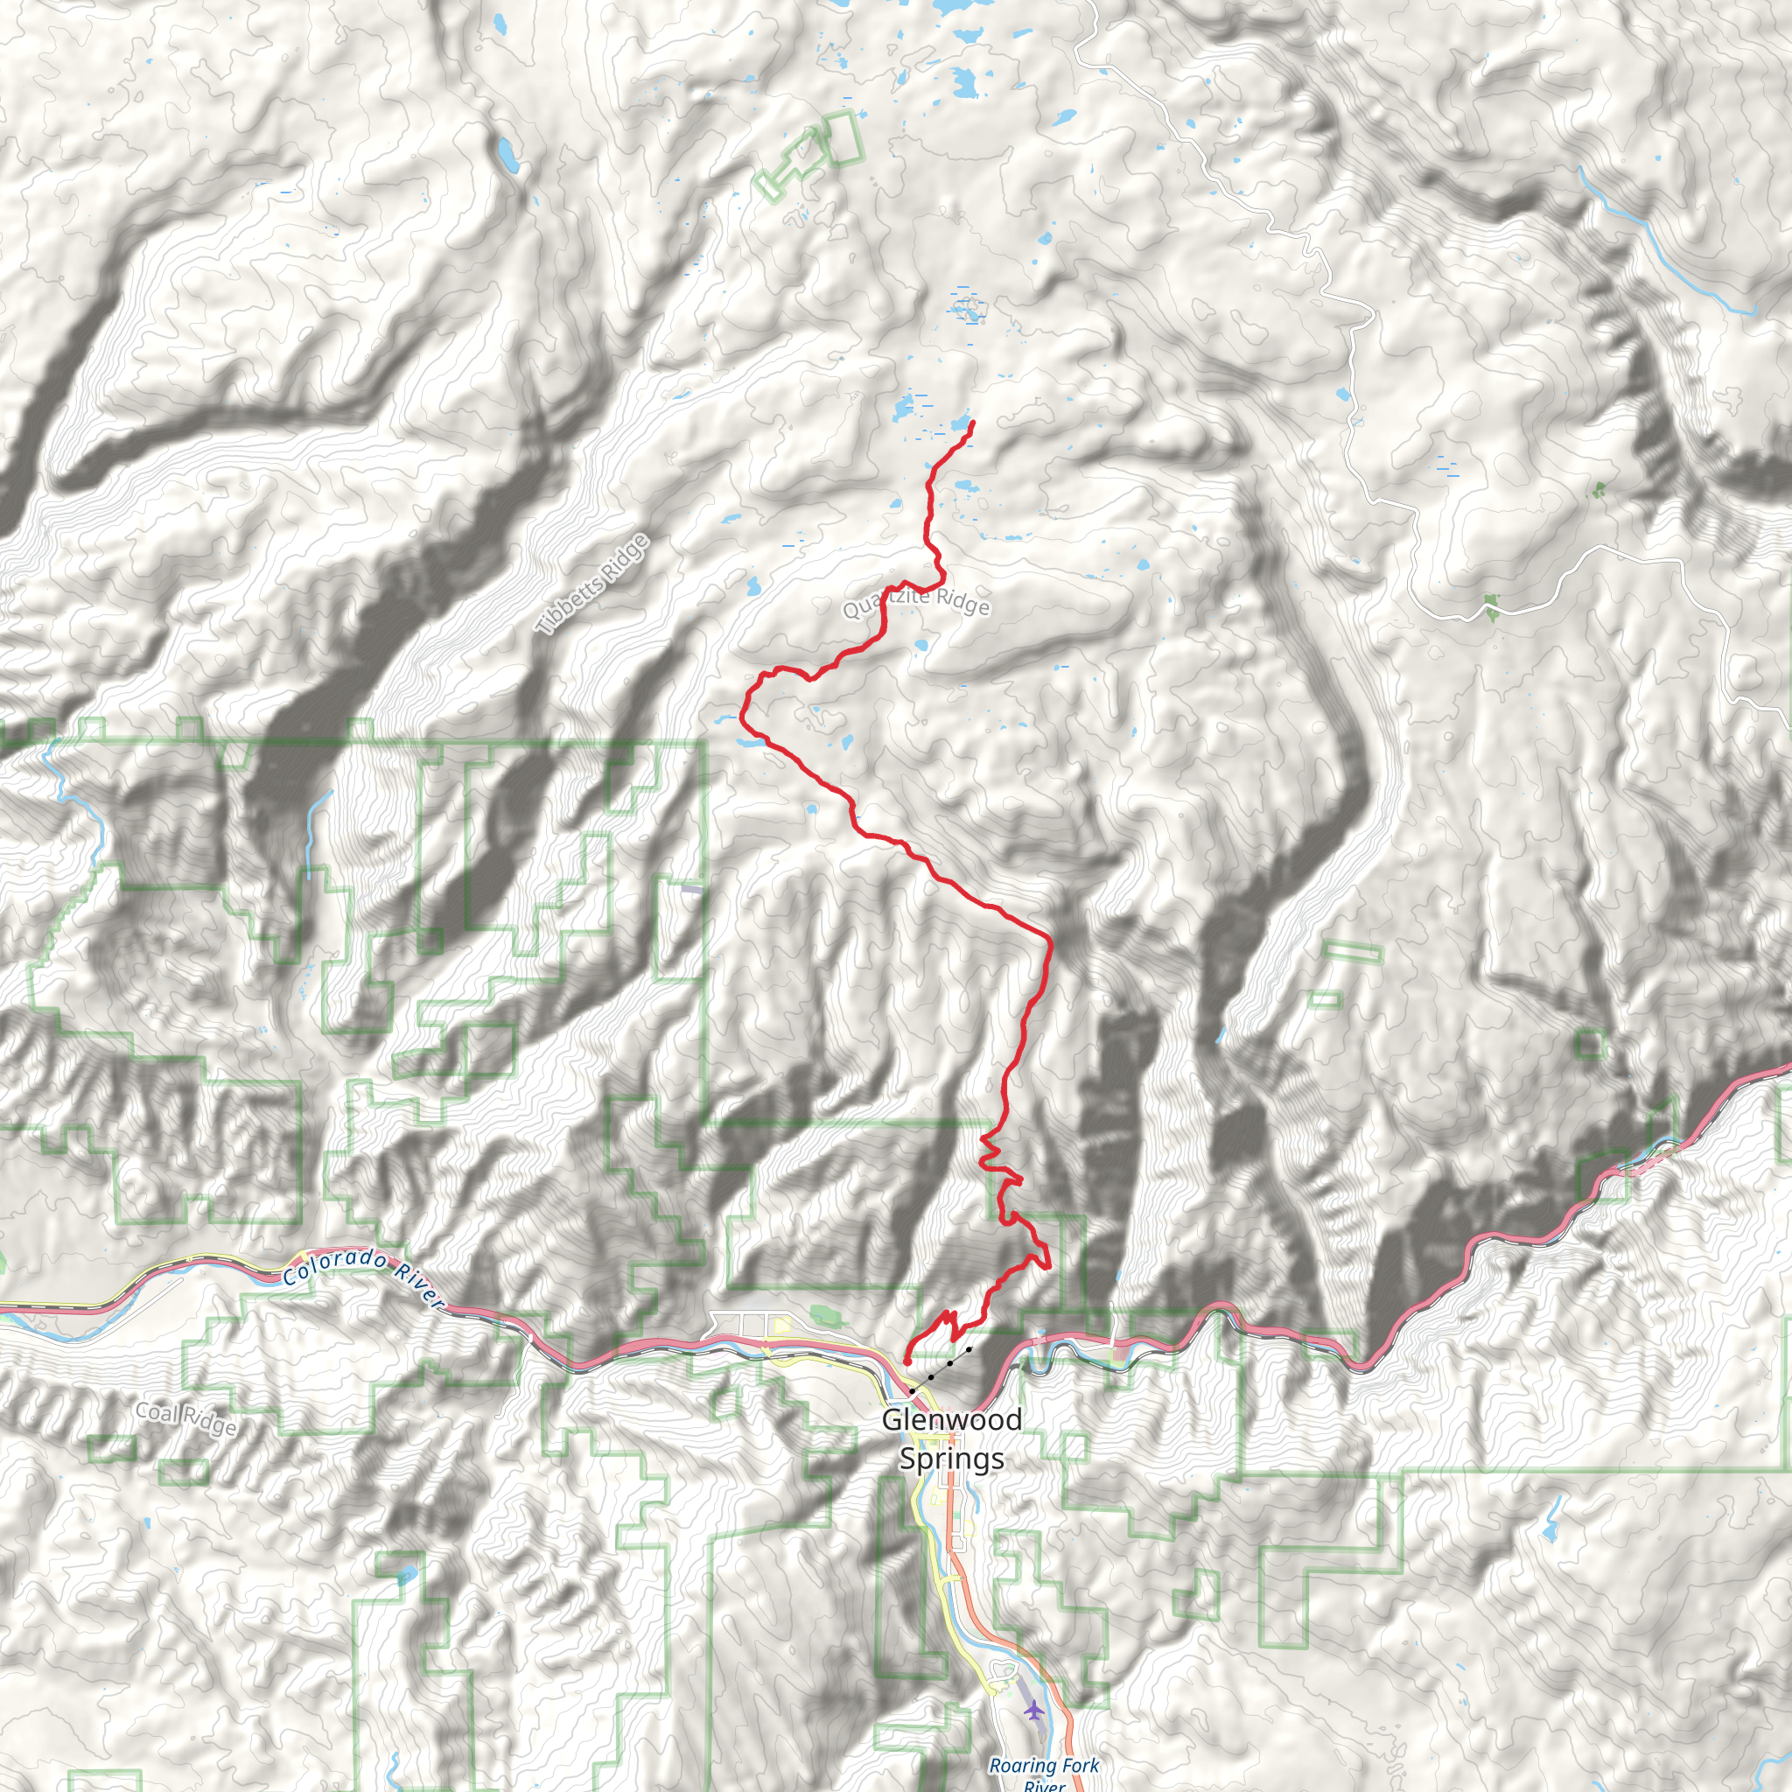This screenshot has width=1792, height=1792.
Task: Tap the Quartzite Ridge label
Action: click(x=916, y=602)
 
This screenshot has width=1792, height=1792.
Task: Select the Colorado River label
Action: click(x=362, y=1279)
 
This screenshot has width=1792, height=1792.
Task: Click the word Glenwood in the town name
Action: click(x=952, y=1419)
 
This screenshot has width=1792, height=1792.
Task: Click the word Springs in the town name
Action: click(x=952, y=1458)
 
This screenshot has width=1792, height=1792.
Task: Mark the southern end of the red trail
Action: click(x=906, y=1361)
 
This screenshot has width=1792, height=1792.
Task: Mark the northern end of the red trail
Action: click(x=973, y=423)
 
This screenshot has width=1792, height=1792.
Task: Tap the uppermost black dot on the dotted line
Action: click(x=969, y=1349)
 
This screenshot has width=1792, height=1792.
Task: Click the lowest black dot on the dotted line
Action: click(x=912, y=1391)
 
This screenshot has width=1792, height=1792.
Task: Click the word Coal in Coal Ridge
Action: click(x=155, y=1410)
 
